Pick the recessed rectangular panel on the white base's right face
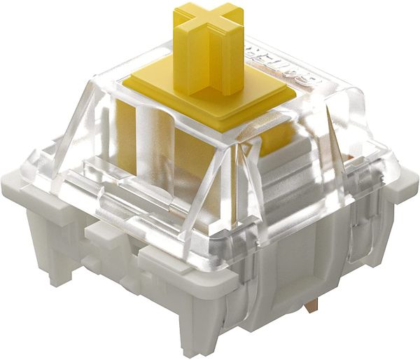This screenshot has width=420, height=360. pos(336,280)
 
